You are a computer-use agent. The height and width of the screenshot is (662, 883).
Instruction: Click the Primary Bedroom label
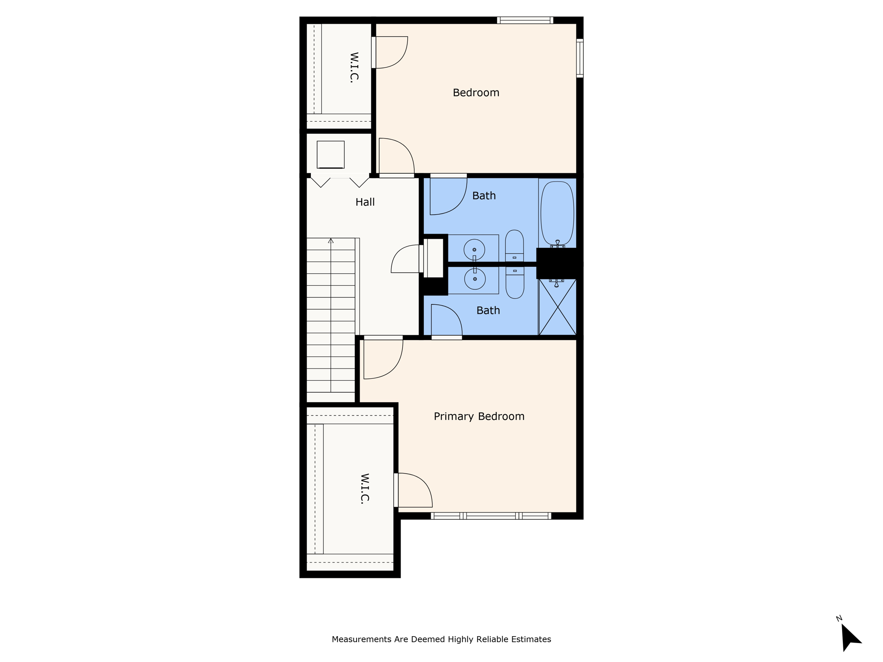click(479, 416)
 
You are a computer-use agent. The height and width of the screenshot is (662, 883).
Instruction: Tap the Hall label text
click(365, 202)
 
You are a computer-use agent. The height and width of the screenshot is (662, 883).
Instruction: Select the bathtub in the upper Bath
click(557, 213)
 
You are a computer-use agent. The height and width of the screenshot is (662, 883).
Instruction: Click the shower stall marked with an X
click(557, 307)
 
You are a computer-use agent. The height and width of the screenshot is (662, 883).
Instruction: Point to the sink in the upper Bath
click(474, 250)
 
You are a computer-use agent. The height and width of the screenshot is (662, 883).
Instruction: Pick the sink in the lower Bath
click(475, 279)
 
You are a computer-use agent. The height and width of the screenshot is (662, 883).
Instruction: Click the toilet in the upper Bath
click(514, 245)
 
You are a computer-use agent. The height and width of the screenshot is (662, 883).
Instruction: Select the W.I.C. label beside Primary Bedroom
click(365, 488)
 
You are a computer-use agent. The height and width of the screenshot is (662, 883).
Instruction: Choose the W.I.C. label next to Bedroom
click(354, 67)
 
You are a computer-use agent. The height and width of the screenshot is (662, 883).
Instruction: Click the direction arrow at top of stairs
click(331, 241)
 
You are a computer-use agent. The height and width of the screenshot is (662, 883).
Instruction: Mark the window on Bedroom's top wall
click(525, 20)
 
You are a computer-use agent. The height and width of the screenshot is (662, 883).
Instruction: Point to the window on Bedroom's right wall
click(580, 58)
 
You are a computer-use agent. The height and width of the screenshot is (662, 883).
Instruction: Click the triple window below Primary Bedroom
click(491, 516)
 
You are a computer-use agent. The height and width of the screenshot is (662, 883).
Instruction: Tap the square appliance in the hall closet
click(331, 154)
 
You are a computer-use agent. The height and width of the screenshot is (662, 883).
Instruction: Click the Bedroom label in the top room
click(476, 93)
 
